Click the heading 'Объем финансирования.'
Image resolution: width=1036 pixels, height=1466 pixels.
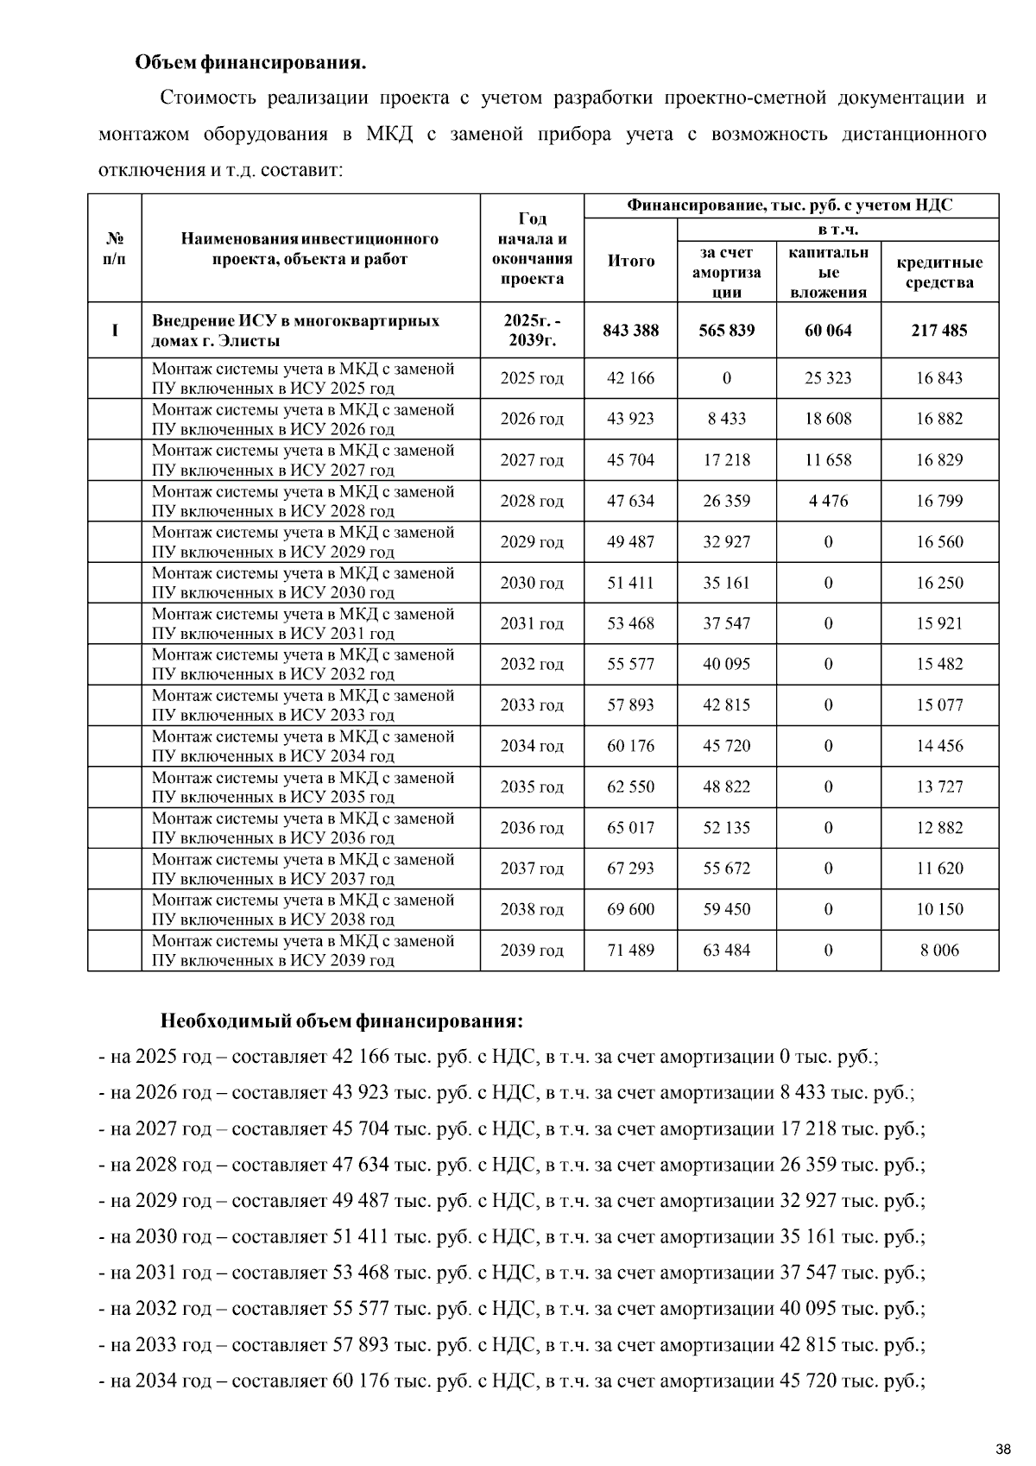[250, 63]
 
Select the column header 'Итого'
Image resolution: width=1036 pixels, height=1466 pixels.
[631, 261]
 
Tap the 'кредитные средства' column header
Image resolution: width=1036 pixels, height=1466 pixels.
[939, 272]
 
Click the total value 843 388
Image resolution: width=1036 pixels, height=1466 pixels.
[631, 331]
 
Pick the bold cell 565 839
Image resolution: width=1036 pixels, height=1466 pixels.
[727, 331]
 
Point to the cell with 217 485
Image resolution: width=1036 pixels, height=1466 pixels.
[939, 331]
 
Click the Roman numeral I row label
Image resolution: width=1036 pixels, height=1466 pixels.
[115, 331]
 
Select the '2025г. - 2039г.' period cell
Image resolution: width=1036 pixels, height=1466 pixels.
[532, 331]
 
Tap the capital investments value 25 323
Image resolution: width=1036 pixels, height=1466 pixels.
[828, 378]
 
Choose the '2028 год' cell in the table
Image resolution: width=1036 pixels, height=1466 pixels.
[532, 501]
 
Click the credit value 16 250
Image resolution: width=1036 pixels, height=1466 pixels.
[939, 583]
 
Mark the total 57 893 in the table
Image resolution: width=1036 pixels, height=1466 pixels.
[631, 705]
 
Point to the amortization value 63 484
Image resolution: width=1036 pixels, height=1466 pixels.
[727, 951]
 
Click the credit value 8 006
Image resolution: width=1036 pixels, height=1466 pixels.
[939, 951]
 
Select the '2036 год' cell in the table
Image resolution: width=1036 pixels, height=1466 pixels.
[532, 828]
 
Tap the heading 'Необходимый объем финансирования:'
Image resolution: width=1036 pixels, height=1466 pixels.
[342, 1021]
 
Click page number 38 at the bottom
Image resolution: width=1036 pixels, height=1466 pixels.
[1002, 1448]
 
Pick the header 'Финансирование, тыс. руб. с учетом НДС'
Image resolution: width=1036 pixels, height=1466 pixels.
[790, 205]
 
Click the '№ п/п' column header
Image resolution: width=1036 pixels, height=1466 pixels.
[115, 249]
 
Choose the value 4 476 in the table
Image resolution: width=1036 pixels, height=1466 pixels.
[828, 501]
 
